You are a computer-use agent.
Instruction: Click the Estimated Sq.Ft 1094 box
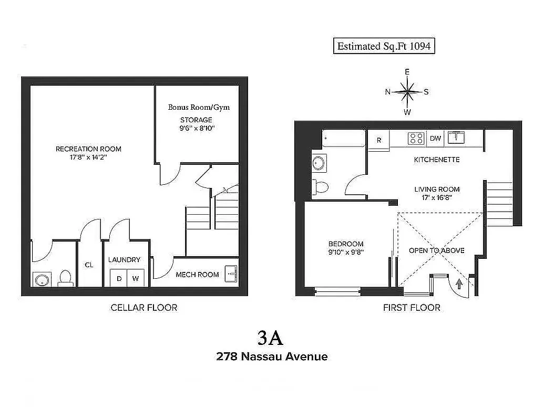[384, 46]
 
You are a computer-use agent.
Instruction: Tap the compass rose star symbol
[407, 92]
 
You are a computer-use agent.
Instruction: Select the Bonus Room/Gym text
[199, 107]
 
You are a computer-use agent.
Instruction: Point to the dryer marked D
[119, 279]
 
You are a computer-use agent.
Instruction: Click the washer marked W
[136, 279]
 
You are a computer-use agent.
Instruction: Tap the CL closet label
[89, 265]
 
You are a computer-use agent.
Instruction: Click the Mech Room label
[197, 275]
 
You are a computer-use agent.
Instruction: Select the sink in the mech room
[231, 273]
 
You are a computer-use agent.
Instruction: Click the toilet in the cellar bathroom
[65, 277]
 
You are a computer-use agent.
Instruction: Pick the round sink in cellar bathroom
[42, 279]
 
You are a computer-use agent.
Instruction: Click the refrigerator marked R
[378, 140]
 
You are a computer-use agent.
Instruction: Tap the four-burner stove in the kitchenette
[417, 138]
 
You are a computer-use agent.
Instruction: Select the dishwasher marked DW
[435, 139]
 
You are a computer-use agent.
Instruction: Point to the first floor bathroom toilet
[320, 186]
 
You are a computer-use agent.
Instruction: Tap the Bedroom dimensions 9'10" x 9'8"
[346, 252]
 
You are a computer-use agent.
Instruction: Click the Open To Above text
[437, 250]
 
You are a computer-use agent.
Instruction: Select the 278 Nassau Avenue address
[272, 356]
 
